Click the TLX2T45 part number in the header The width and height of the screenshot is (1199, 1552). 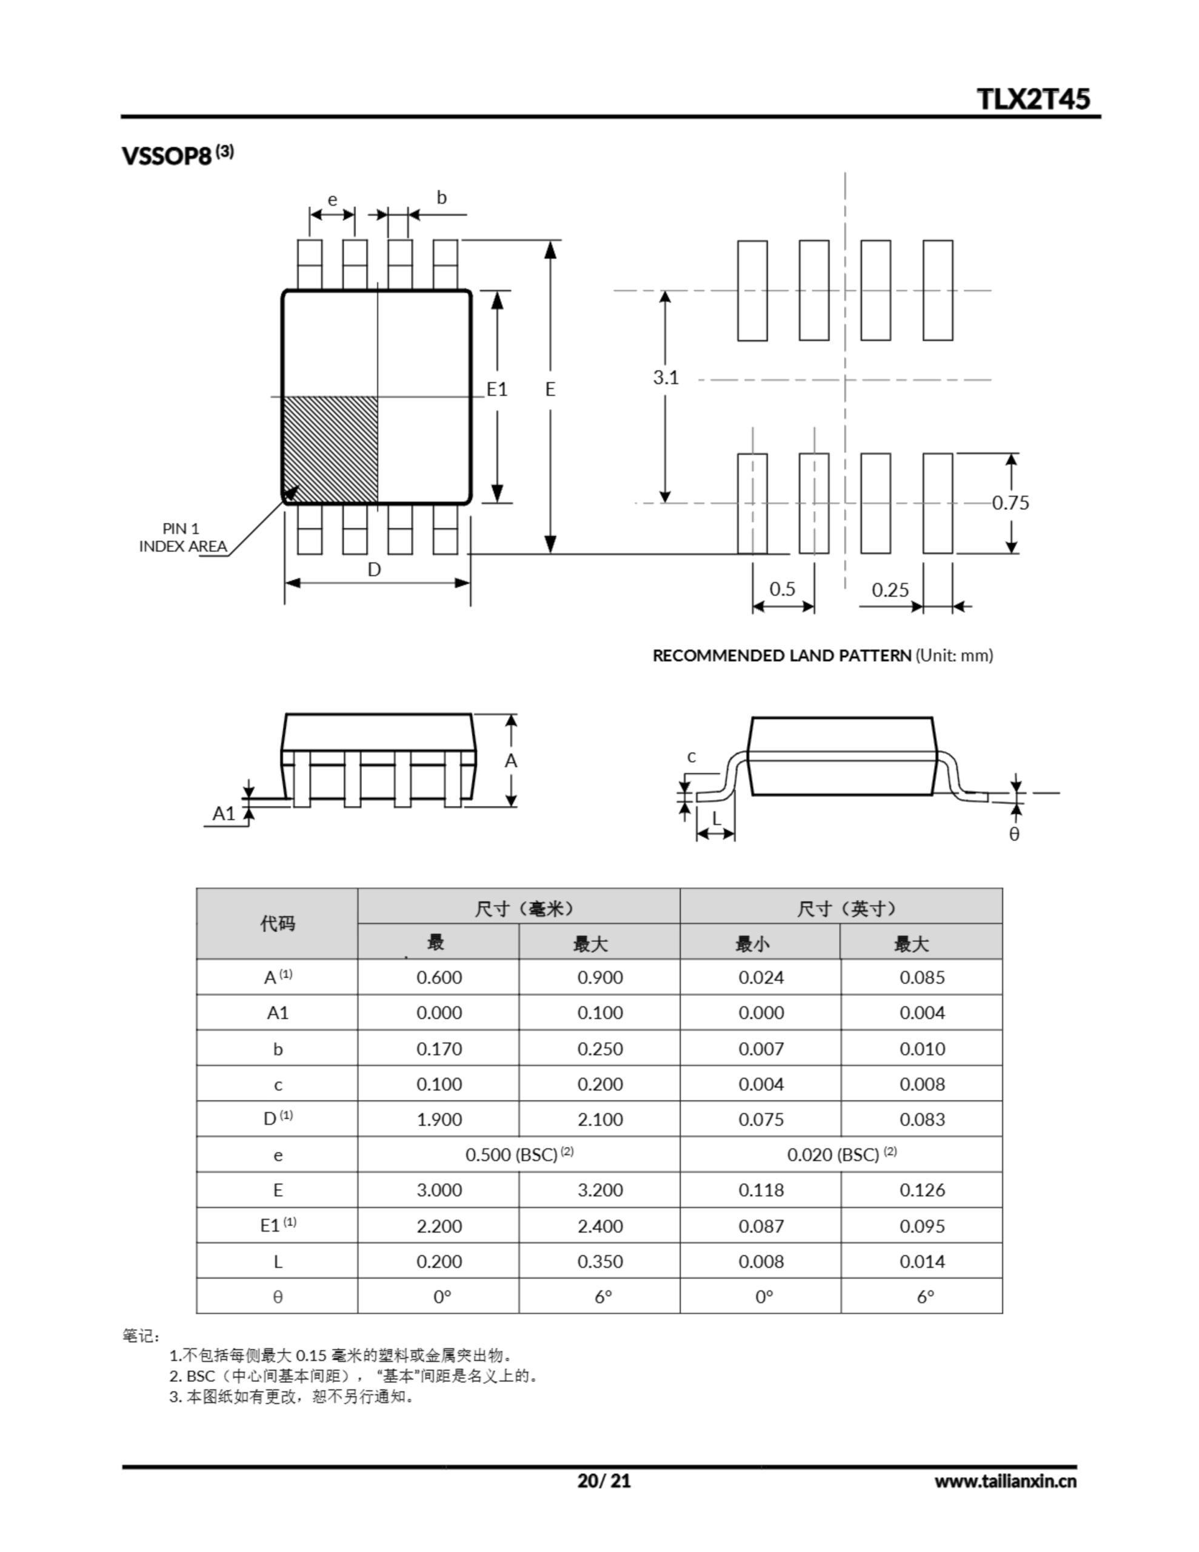(1033, 99)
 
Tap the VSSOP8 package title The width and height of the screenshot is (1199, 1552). (167, 156)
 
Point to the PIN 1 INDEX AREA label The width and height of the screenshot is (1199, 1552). (182, 538)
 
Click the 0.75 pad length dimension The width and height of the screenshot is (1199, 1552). (1010, 503)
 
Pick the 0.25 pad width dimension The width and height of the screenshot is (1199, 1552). (890, 590)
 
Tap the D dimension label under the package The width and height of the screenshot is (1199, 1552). (374, 569)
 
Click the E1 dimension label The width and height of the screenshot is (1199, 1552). (497, 389)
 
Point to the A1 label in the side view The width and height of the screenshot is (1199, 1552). (224, 813)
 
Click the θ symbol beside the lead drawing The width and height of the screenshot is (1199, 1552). (1014, 834)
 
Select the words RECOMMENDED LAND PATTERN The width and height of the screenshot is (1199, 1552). (782, 655)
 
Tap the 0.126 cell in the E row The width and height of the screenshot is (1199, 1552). (922, 1190)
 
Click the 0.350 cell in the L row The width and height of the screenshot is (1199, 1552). (600, 1262)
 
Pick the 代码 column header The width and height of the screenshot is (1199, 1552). (277, 924)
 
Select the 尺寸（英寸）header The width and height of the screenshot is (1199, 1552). (841, 908)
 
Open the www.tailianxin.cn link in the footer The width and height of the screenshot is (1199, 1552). (1005, 1481)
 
